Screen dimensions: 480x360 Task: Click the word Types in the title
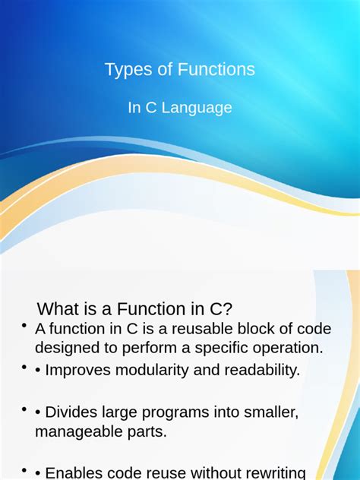click(125, 71)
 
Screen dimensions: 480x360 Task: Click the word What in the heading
click(58, 309)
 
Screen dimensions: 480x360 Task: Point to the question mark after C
click(228, 309)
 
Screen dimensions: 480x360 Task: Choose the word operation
click(283, 348)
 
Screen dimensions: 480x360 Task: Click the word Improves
click(79, 371)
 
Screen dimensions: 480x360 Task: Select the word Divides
click(74, 412)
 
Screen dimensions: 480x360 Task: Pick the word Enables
click(77, 472)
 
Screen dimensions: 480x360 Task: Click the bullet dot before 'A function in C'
click(25, 327)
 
